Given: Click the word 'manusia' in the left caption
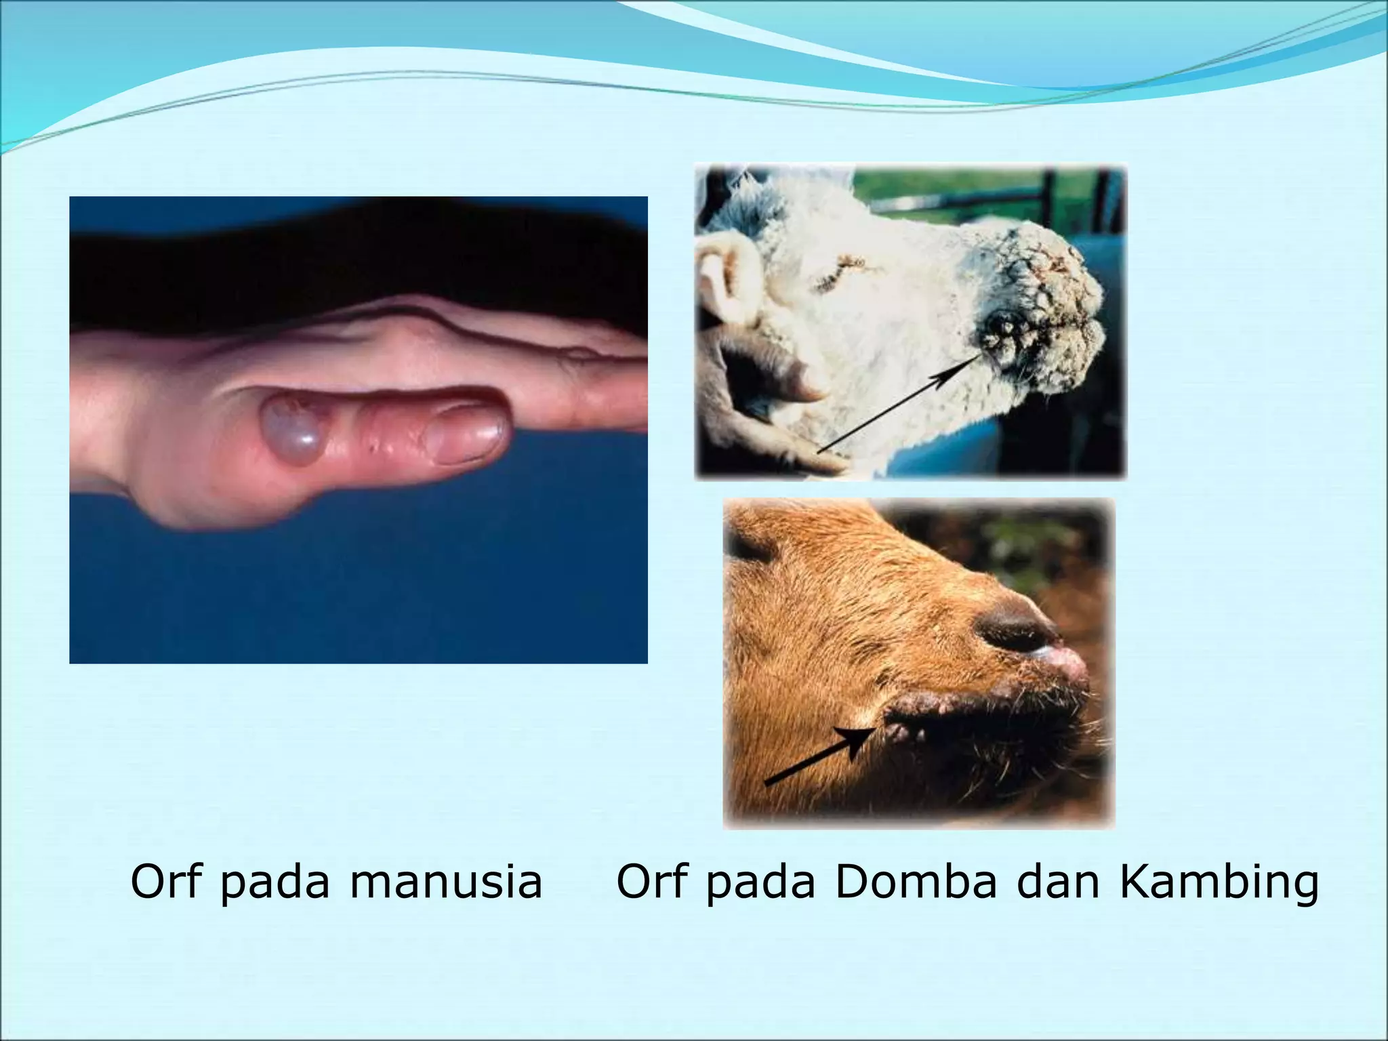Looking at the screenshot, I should coord(446,882).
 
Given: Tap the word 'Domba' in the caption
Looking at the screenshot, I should coord(916,882).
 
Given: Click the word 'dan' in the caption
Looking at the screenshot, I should coord(1057,882).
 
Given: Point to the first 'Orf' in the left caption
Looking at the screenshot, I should coord(167,882).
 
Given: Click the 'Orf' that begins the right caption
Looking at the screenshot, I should coord(652,882).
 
